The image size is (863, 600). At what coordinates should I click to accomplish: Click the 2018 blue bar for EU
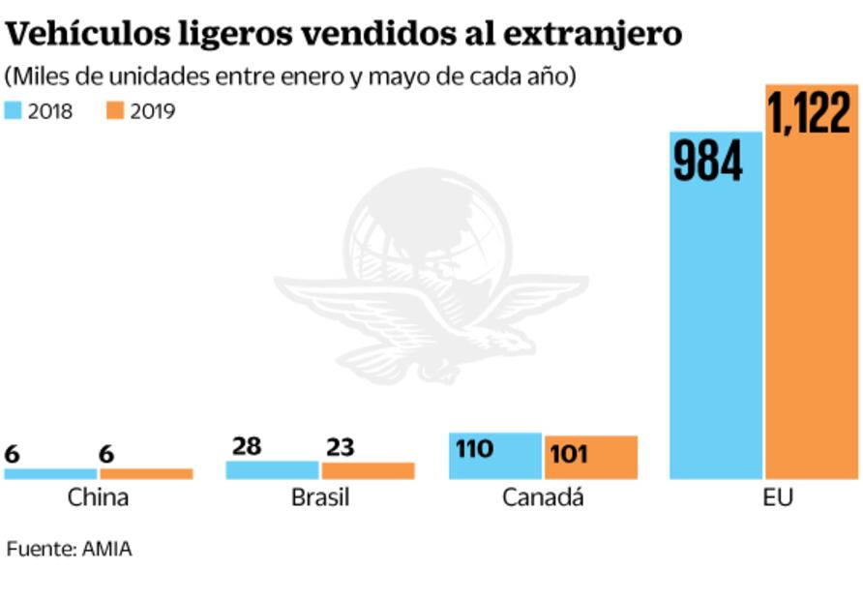(x=715, y=329)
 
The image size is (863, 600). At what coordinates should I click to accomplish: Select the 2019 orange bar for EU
(x=812, y=310)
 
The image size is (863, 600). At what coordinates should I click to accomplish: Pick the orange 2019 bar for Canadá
(x=591, y=468)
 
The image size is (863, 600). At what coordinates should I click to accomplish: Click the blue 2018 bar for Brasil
(x=272, y=470)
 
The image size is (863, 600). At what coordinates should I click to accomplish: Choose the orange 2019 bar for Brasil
(x=368, y=471)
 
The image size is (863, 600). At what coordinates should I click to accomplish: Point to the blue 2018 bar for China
(x=50, y=474)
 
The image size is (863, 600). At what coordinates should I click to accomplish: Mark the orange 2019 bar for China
(x=146, y=474)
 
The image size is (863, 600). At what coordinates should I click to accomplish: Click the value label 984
(x=708, y=161)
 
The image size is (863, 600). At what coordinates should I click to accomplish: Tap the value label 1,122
(x=812, y=112)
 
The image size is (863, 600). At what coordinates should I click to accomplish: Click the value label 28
(x=247, y=446)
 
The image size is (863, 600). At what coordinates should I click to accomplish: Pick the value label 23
(x=340, y=447)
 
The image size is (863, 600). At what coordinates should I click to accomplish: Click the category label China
(x=98, y=498)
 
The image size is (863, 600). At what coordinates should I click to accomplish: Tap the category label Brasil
(x=320, y=498)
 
